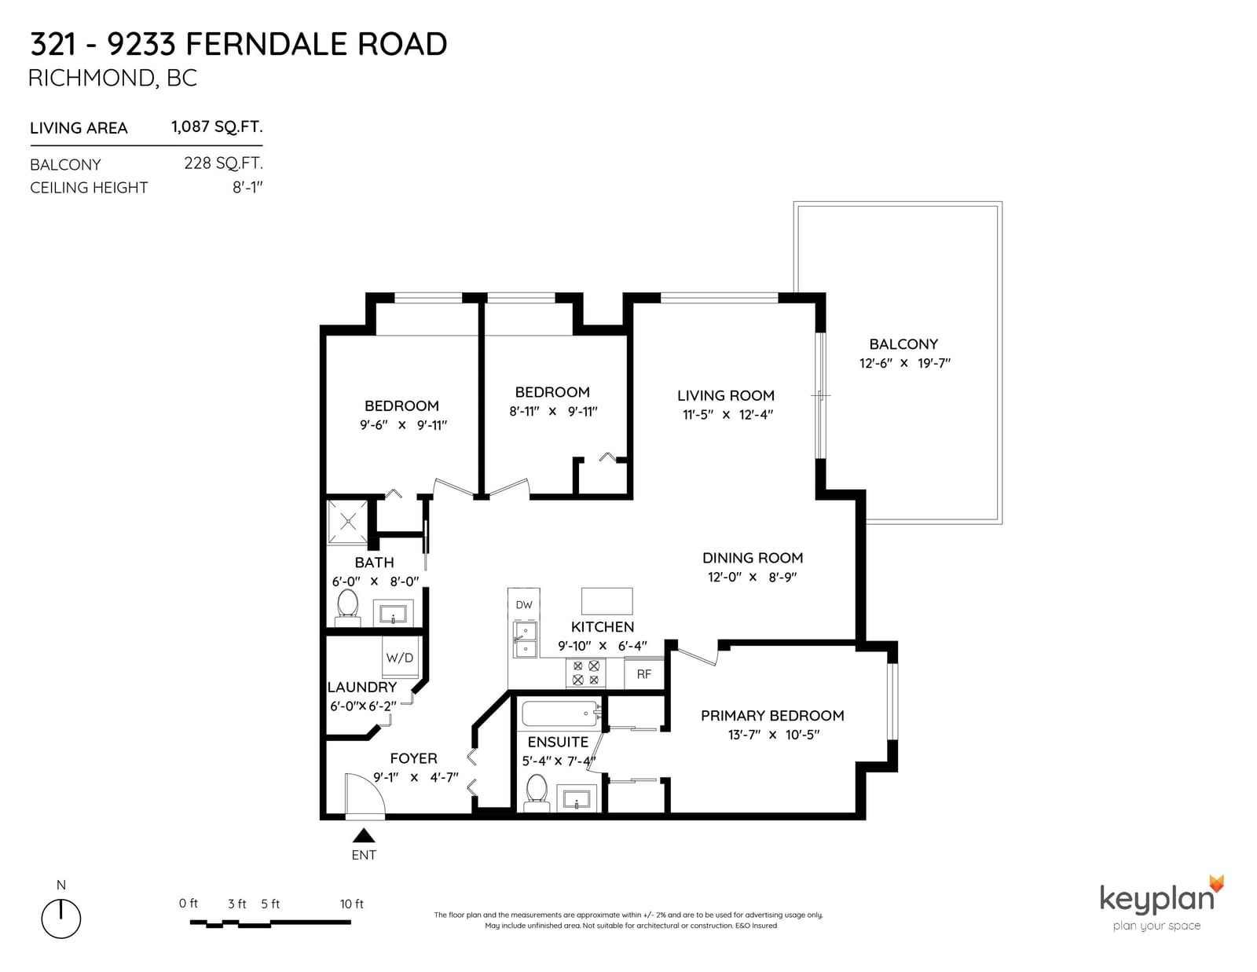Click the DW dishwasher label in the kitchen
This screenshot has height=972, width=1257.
(523, 604)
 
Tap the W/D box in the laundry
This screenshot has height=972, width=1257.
(400, 657)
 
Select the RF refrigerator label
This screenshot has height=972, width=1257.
(644, 673)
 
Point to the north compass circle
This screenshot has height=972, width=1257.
(60, 919)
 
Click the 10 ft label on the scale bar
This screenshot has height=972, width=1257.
(352, 904)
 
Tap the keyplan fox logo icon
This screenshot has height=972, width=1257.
(1216, 883)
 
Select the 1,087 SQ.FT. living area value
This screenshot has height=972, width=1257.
(217, 127)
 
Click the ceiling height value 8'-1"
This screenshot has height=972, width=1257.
(247, 188)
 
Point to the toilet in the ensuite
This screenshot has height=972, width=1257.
(537, 793)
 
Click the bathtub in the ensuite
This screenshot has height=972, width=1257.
(561, 713)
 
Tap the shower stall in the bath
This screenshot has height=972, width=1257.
(348, 522)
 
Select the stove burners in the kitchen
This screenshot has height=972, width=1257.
(585, 673)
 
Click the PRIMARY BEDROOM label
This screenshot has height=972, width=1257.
(772, 716)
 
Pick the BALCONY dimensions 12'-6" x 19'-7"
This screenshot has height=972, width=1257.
(905, 363)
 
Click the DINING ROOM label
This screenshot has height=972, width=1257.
(753, 558)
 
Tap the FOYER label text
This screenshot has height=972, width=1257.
(413, 758)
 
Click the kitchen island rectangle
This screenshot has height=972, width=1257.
(607, 601)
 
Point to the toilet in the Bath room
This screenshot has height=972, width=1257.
(348, 607)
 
